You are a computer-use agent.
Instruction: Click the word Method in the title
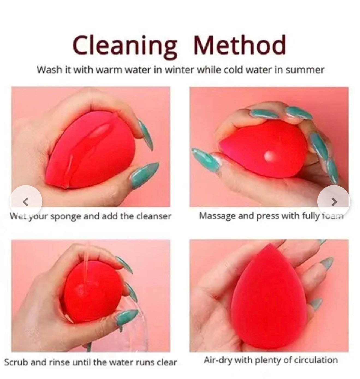click(239, 45)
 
